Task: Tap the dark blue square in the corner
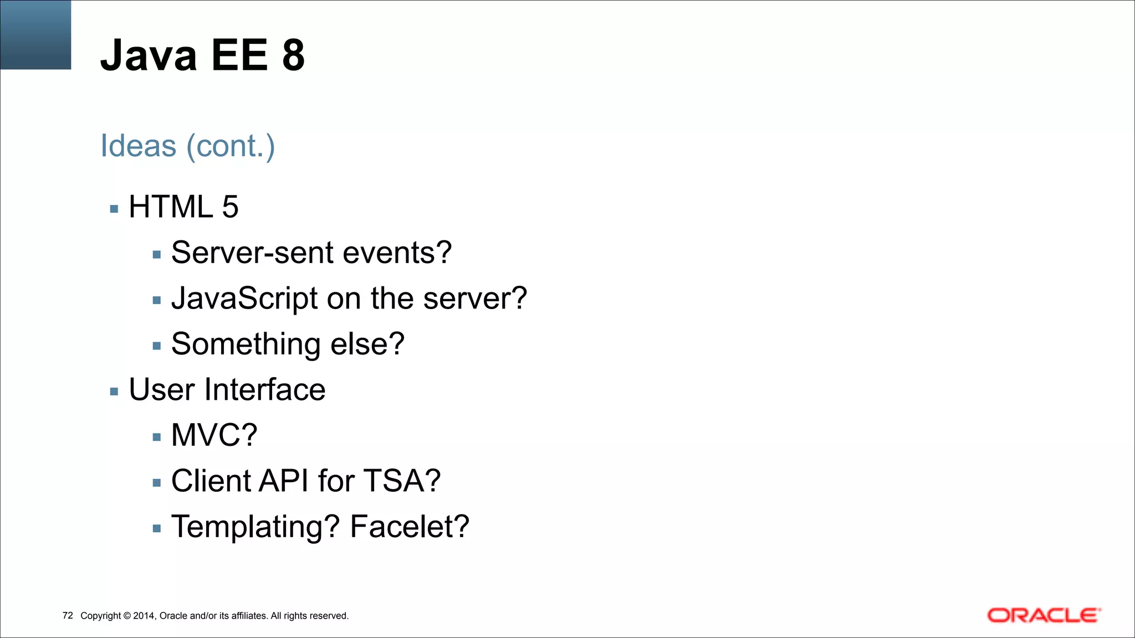[35, 34]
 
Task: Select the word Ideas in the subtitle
[138, 146]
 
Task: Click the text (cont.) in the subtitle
[231, 146]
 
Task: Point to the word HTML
[171, 207]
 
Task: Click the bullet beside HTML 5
[114, 209]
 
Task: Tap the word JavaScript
[244, 299]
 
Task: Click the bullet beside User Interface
[114, 392]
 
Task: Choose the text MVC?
[214, 435]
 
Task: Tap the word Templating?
[255, 527]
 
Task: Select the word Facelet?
[410, 527]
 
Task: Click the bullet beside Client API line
[157, 483]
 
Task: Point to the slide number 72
[68, 616]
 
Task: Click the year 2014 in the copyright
[145, 616]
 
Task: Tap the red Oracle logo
[1044, 615]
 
